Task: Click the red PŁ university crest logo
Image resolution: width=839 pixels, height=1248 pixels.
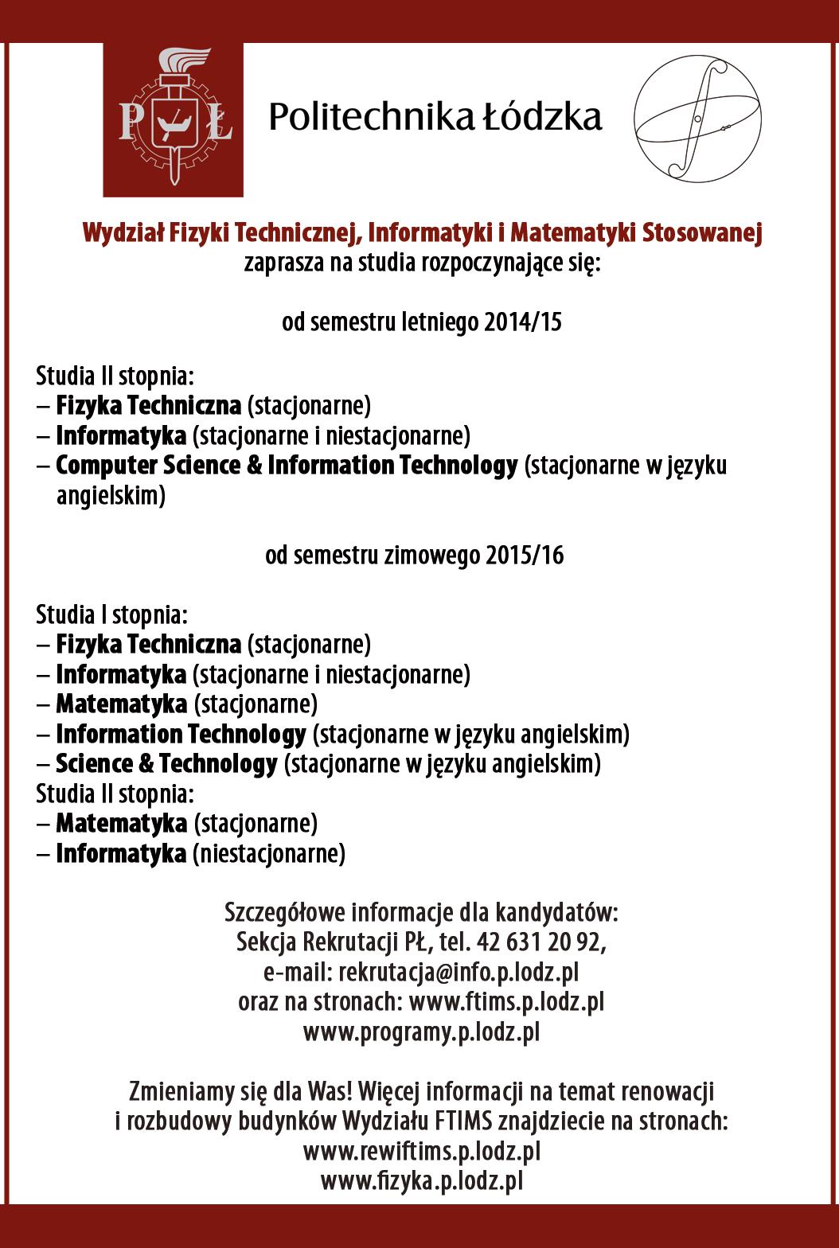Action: pyautogui.click(x=173, y=119)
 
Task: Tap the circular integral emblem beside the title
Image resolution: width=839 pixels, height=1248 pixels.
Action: pyautogui.click(x=697, y=116)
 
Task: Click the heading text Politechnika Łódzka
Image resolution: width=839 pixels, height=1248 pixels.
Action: pyautogui.click(x=435, y=117)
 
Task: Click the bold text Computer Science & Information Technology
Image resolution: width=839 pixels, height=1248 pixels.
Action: pyautogui.click(x=287, y=466)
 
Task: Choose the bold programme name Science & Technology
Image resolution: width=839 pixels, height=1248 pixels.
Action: pyautogui.click(x=166, y=763)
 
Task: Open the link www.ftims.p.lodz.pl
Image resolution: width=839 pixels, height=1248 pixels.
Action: pyautogui.click(x=506, y=1001)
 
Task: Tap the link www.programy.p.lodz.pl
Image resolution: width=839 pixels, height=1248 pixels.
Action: pyautogui.click(x=421, y=1032)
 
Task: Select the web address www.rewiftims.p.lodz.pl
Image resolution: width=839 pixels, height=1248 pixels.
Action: pyautogui.click(x=422, y=1151)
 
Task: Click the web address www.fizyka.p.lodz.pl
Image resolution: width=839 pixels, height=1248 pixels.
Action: pyautogui.click(x=422, y=1181)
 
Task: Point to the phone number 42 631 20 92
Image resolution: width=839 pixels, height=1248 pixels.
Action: pyautogui.click(x=540, y=942)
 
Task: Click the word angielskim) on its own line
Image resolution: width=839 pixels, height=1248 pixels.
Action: pyautogui.click(x=111, y=496)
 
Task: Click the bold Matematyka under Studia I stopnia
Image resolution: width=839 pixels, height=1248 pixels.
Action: pyautogui.click(x=122, y=704)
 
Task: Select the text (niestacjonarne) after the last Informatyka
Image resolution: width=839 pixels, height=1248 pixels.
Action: pyautogui.click(x=269, y=853)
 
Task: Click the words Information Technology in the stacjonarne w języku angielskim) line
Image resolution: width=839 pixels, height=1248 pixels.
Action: pyautogui.click(x=181, y=733)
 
